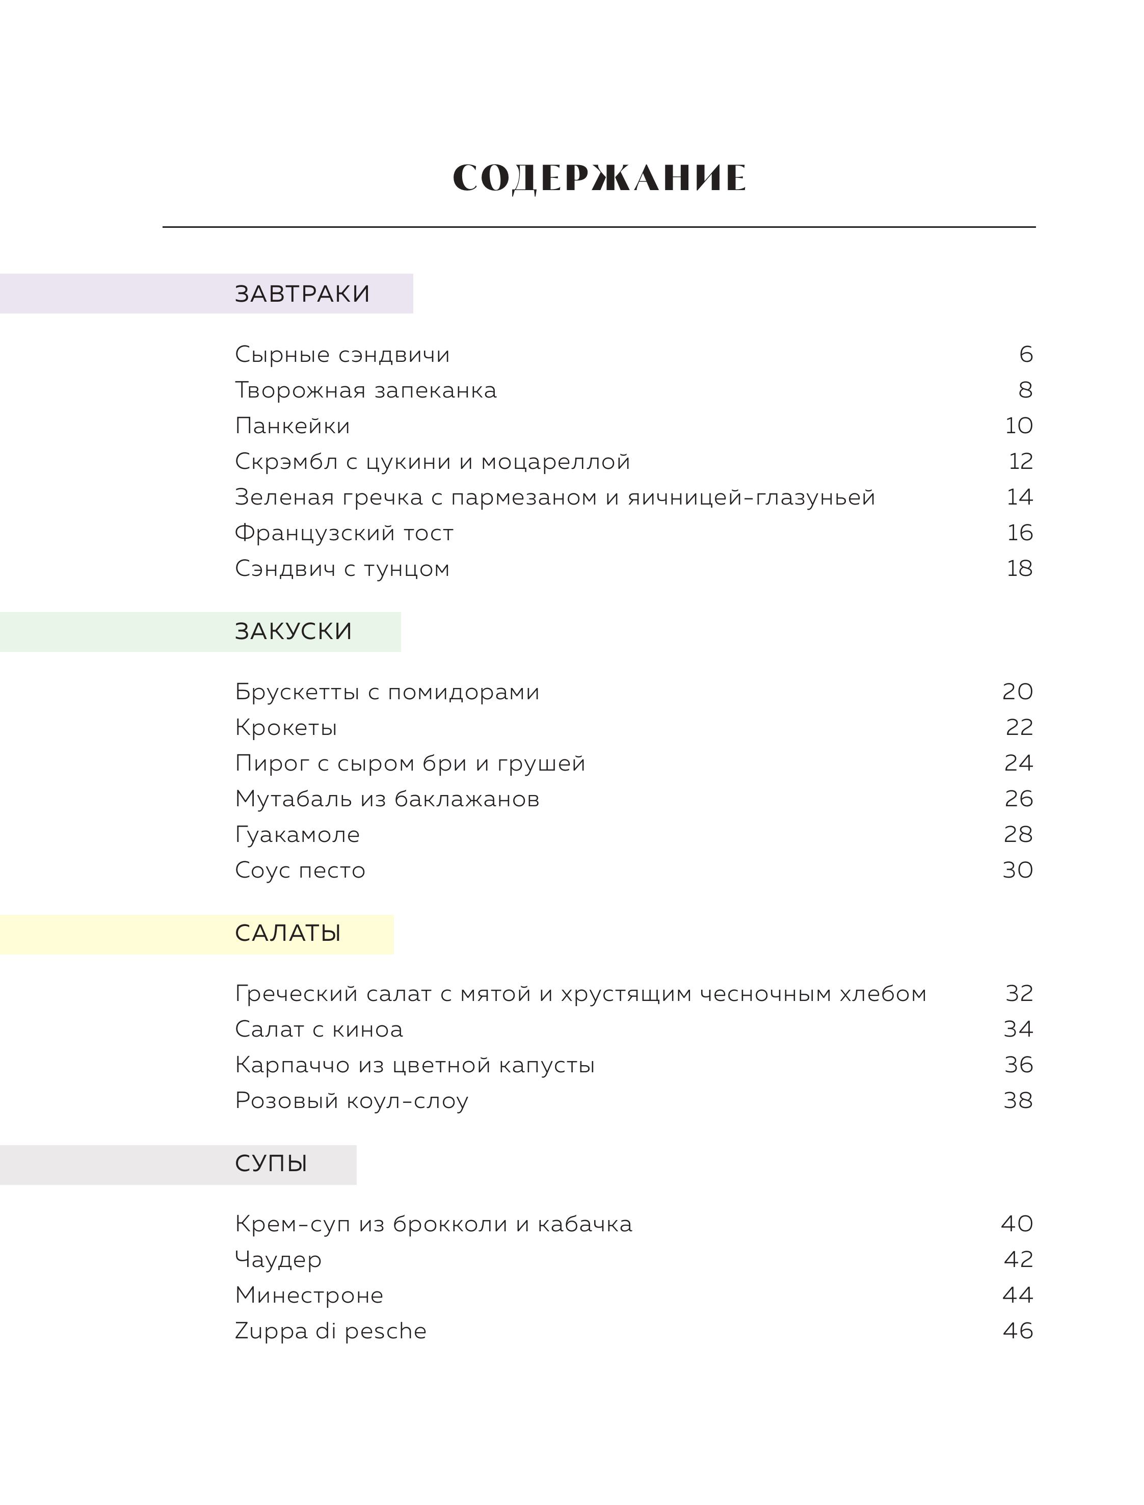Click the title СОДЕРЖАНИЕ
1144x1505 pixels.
599,178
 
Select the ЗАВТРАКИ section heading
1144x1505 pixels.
302,294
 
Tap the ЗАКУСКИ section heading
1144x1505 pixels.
294,631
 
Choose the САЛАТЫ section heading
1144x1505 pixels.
287,933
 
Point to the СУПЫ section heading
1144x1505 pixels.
271,1163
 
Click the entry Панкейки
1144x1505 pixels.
292,426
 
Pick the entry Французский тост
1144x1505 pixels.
344,533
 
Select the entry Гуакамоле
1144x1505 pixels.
297,834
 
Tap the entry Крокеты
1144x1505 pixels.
286,727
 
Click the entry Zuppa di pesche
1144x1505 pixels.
330,1331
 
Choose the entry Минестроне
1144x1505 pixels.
309,1295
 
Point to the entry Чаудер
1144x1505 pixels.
278,1259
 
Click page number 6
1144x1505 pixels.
1025,354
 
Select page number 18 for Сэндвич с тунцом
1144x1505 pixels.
1019,568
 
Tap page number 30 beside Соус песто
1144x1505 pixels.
1017,869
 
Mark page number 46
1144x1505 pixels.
1017,1331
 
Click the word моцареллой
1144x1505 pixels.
555,462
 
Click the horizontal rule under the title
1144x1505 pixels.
599,227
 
